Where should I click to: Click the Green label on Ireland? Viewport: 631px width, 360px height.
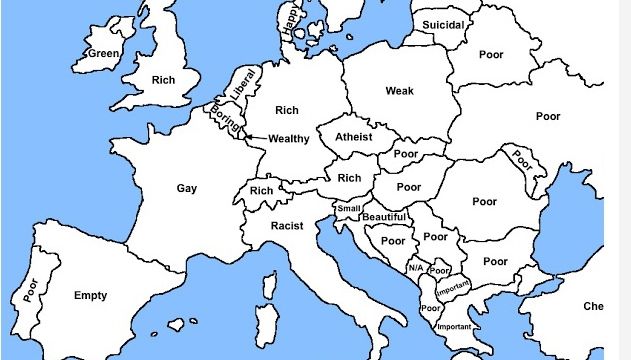(x=104, y=53)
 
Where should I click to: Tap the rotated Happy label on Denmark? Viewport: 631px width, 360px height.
(x=291, y=23)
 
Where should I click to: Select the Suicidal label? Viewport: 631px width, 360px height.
(x=442, y=24)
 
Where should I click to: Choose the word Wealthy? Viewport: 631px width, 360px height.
(x=289, y=138)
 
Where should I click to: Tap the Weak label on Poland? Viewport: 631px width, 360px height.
(x=399, y=91)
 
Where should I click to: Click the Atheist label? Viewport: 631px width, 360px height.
(x=353, y=137)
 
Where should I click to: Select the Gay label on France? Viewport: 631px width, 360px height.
(x=187, y=188)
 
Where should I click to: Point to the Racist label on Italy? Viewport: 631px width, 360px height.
(x=287, y=226)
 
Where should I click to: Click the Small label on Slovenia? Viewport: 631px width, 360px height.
(x=348, y=208)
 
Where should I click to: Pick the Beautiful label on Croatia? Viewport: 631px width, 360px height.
(x=384, y=217)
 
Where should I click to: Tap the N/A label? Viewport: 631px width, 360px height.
(x=415, y=268)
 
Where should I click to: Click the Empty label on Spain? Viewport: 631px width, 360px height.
(x=90, y=295)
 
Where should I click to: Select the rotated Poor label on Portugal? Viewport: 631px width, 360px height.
(x=29, y=289)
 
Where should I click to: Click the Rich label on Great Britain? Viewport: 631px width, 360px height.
(x=163, y=79)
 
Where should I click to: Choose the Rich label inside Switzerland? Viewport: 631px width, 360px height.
(x=262, y=191)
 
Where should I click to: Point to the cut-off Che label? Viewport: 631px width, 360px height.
(x=593, y=306)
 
